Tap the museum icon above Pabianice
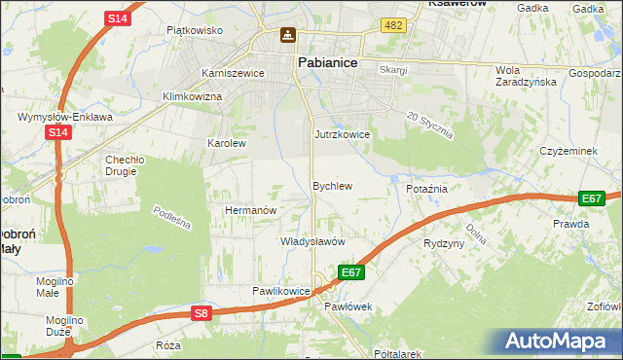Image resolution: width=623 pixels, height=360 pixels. pos(288,36)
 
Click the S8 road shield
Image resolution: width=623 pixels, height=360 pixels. pos(201,312)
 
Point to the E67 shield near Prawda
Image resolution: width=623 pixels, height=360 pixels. pos(591,198)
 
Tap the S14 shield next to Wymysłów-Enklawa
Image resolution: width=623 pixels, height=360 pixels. pos(57,132)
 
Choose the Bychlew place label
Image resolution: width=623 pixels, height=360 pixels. pos(331,185)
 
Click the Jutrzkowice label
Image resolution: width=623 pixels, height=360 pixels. pos(342,134)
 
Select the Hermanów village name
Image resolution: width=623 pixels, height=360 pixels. pos(252,210)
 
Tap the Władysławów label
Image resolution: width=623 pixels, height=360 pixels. pos(312,240)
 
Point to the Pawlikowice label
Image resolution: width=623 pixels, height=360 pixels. pos(280,291)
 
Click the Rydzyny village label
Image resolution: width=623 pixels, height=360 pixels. pos(444,243)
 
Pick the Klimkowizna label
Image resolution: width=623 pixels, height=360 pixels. pos(193,97)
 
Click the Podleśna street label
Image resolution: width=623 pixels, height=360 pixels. pos(172,218)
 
